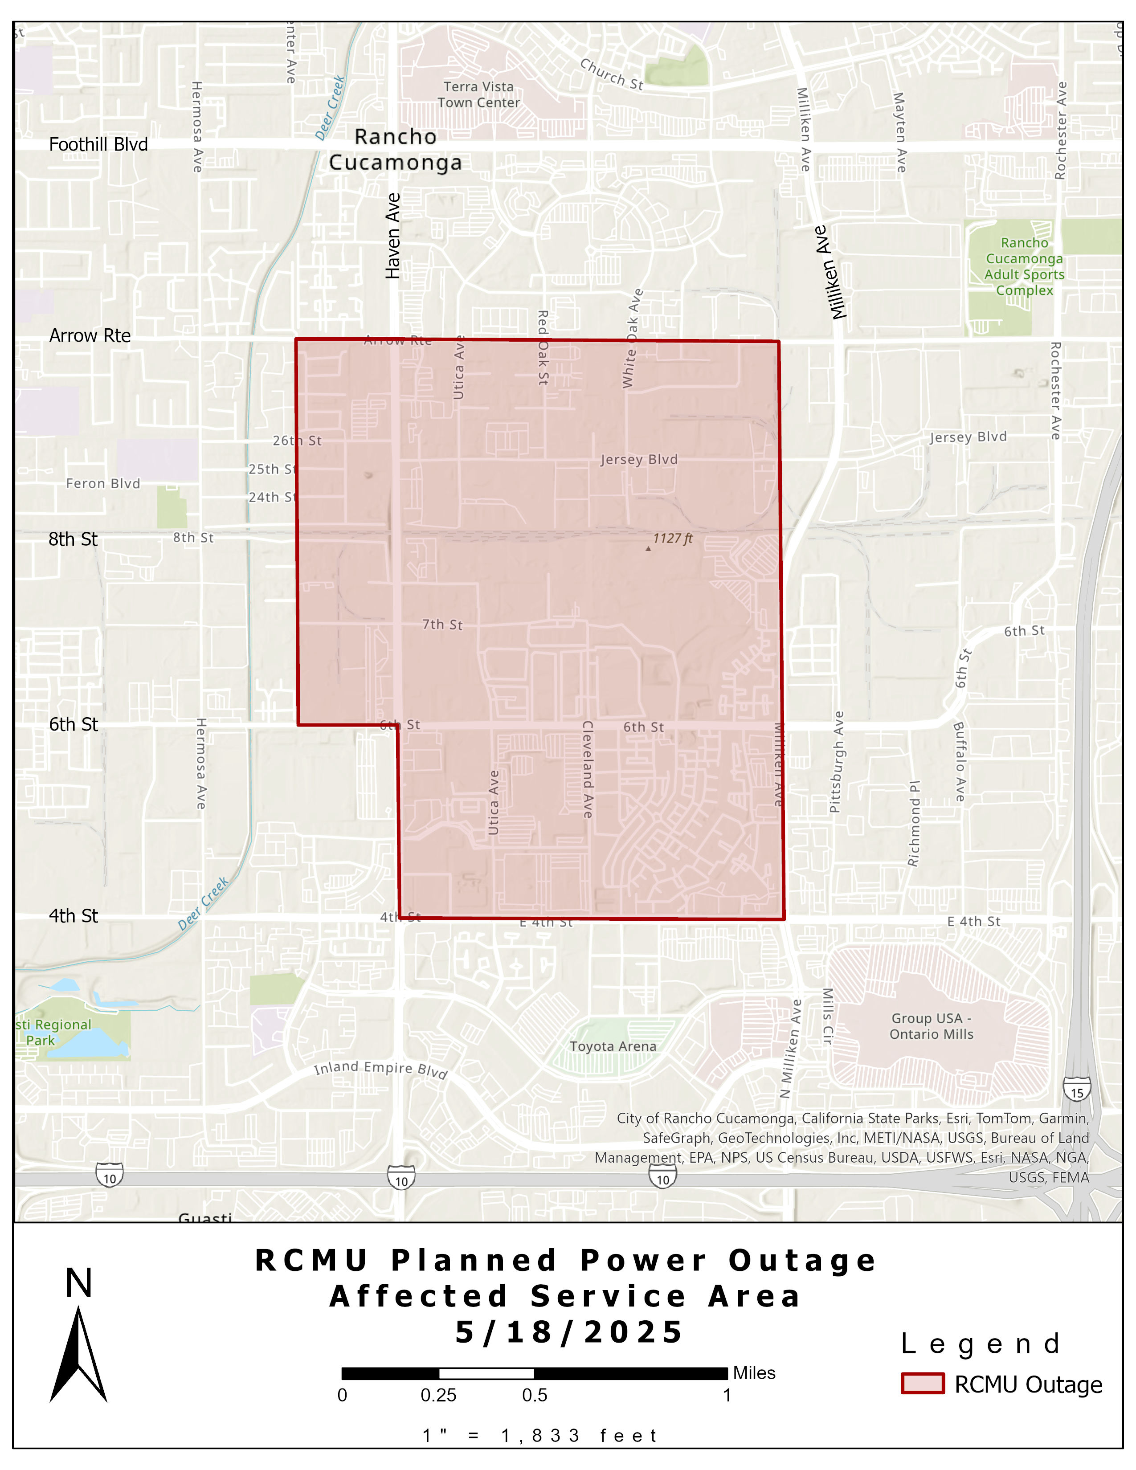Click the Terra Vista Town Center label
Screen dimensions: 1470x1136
tap(478, 95)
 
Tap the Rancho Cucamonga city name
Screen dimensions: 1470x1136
tap(396, 149)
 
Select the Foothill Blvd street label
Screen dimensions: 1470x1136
tap(98, 145)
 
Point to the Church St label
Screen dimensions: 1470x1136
tap(611, 74)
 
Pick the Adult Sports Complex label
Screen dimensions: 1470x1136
tap(1024, 266)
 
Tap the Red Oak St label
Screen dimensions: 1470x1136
tap(543, 347)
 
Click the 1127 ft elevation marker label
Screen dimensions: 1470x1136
tap(672, 539)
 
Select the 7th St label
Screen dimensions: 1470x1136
tap(442, 625)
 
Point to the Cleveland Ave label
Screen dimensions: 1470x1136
tap(587, 769)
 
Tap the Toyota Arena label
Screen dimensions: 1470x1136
tap(613, 1046)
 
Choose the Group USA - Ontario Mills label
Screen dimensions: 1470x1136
tap(932, 1026)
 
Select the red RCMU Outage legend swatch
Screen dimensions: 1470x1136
tap(923, 1384)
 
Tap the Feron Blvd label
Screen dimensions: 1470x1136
tap(103, 483)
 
